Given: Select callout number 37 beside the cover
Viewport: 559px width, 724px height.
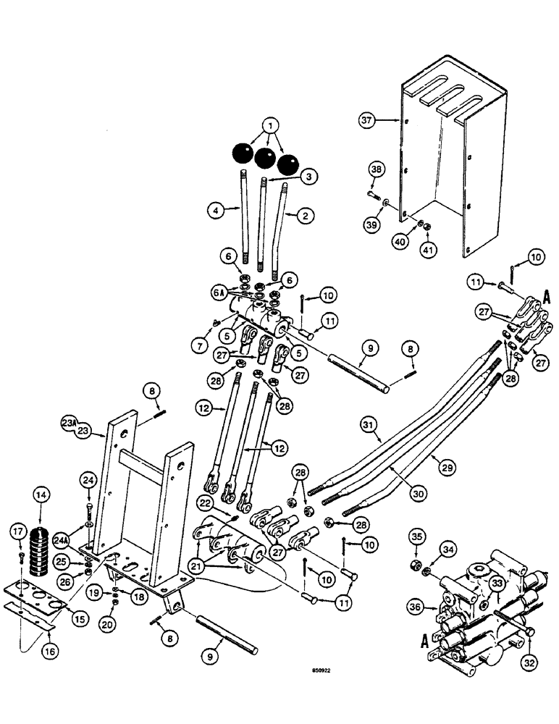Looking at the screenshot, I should point(368,121).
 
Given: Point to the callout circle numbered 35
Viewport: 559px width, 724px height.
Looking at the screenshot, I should point(416,537).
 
